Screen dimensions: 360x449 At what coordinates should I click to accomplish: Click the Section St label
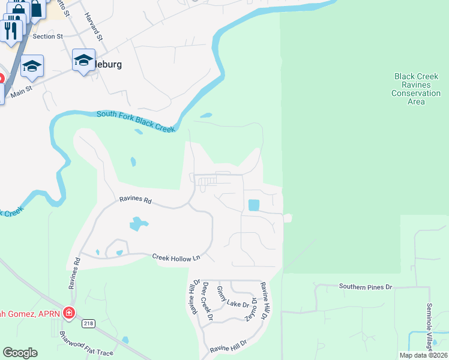(x=48, y=37)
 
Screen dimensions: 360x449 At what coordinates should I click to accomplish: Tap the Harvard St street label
(x=95, y=26)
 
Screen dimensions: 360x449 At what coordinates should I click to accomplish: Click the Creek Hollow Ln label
(x=175, y=257)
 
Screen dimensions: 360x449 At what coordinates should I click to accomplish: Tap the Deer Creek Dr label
(x=207, y=301)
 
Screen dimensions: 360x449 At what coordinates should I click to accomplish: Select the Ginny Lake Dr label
(x=232, y=297)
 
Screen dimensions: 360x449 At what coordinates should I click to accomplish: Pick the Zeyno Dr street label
(x=253, y=309)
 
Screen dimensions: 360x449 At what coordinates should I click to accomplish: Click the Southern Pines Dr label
(x=365, y=287)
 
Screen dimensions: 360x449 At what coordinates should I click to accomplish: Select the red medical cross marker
(x=69, y=313)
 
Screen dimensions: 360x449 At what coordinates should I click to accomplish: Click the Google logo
(x=20, y=353)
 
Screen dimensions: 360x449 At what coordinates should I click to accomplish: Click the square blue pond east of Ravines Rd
(x=254, y=205)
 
